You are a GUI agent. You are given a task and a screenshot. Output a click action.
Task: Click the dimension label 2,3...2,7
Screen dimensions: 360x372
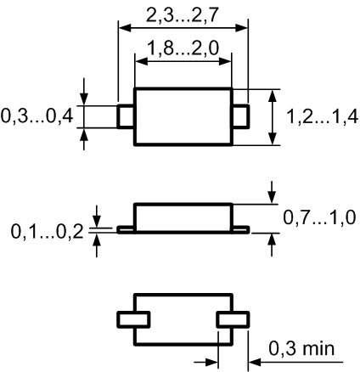click(183, 15)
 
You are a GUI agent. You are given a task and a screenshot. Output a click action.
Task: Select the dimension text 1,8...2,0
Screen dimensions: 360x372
click(183, 48)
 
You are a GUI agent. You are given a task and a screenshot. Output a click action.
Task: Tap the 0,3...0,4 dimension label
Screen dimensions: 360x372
click(37, 116)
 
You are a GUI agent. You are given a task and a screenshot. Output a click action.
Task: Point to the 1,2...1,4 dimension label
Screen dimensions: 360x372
click(323, 116)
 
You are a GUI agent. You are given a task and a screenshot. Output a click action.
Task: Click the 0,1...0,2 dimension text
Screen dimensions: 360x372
click(47, 232)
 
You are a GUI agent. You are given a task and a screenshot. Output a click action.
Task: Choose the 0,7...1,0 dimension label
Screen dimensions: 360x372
click(319, 217)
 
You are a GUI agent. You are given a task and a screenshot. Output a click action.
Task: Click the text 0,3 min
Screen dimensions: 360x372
click(301, 348)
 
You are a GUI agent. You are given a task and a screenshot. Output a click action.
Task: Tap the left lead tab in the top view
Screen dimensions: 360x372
click(125, 116)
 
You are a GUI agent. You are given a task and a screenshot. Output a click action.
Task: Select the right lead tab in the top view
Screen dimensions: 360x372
click(241, 116)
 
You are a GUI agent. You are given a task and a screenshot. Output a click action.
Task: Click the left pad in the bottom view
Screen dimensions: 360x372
click(133, 319)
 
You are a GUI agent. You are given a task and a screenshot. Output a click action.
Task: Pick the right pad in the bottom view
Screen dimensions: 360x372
click(233, 319)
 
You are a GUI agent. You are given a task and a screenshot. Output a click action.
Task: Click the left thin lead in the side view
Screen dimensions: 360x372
click(126, 229)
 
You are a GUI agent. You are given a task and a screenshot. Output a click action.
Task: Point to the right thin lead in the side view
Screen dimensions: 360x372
click(241, 229)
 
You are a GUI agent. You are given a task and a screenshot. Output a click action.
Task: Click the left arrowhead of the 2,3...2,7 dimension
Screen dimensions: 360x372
click(125, 28)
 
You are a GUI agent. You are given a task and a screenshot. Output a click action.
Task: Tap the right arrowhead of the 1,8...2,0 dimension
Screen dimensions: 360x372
click(226, 61)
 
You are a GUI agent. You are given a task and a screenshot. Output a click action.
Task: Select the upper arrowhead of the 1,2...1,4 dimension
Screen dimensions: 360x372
click(273, 96)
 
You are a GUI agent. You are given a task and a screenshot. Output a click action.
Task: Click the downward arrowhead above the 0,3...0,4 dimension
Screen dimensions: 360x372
click(84, 99)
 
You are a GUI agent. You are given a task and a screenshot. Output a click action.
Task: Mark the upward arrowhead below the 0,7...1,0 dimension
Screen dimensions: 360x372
click(272, 240)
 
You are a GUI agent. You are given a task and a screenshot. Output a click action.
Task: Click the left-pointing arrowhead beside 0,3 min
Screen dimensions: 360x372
click(255, 362)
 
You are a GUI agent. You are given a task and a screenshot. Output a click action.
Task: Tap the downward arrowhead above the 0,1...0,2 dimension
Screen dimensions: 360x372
click(97, 221)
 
